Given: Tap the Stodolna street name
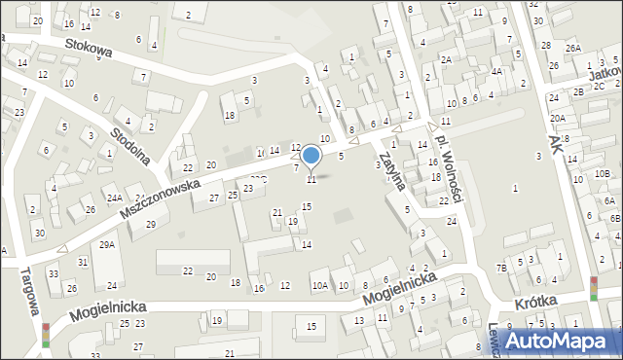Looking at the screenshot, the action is [128, 146].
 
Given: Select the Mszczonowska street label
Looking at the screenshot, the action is [160, 198].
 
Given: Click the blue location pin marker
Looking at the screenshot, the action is [311, 155].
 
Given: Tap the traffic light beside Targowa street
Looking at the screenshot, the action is [45, 335].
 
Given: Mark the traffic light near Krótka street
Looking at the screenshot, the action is [594, 288].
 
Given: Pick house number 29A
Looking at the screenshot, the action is [107, 244].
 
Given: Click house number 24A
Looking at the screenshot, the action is [114, 198].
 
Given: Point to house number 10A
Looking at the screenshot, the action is [319, 285].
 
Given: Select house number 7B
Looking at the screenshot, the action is [501, 268].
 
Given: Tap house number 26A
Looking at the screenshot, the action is [573, 48].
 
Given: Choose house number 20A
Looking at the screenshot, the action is [557, 118].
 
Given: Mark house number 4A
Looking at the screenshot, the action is [496, 71].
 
